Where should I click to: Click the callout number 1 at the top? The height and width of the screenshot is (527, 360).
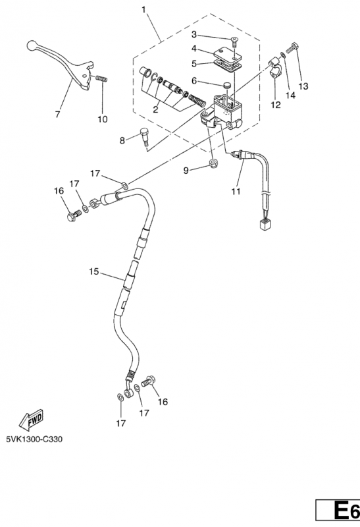click(x=144, y=9)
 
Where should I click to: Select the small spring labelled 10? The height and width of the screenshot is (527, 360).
click(x=101, y=78)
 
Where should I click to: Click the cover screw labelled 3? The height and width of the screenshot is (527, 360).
click(x=234, y=42)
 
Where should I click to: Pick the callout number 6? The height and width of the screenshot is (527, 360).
click(x=194, y=80)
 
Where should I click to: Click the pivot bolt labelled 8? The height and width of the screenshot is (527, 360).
click(x=144, y=136)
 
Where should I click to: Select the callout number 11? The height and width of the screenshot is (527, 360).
click(x=236, y=191)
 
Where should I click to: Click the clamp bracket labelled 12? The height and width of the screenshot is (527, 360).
click(x=275, y=68)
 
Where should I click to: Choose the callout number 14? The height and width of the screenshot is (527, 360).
click(x=290, y=95)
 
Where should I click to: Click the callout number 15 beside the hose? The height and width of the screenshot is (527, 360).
click(x=94, y=271)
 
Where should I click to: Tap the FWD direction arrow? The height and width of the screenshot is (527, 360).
click(x=30, y=420)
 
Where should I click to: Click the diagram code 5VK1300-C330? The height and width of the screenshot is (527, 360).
click(x=34, y=439)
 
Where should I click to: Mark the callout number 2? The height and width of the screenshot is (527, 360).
click(x=155, y=109)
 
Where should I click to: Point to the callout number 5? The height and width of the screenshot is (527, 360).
click(x=194, y=63)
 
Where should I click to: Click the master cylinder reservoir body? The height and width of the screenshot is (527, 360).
click(x=227, y=107)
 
